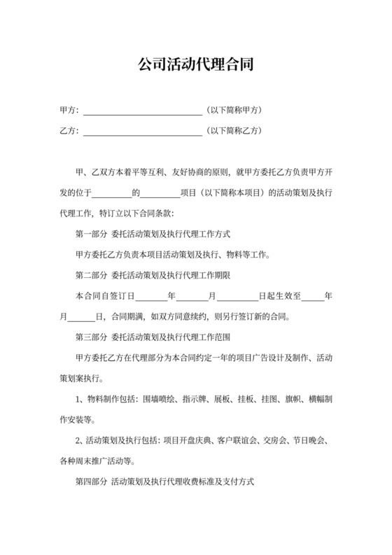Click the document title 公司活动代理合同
[x=195, y=66]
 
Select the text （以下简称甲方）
[x=234, y=111]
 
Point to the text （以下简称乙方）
[x=234, y=131]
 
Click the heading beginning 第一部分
[x=153, y=234]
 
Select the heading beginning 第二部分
[x=153, y=275]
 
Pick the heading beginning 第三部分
[x=153, y=337]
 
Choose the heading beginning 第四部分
[x=164, y=483]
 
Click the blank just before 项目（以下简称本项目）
[x=161, y=192]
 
